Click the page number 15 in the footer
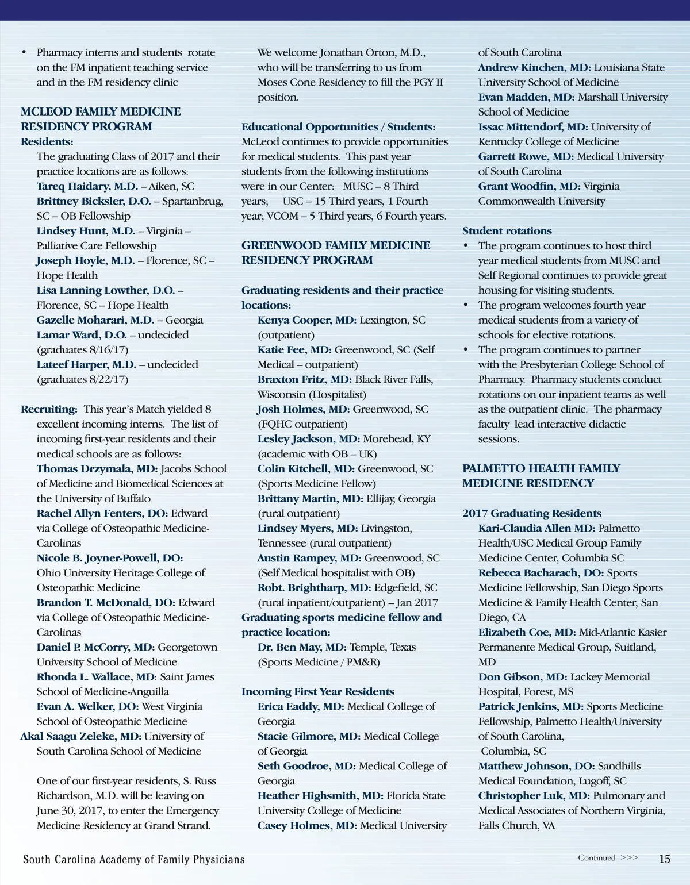click(664, 859)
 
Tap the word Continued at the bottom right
click(597, 857)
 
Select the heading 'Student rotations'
click(507, 231)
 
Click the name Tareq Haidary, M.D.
click(87, 186)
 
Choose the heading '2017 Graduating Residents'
click(532, 513)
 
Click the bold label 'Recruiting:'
click(49, 409)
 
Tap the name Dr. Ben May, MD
click(302, 647)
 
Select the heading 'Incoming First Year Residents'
click(317, 691)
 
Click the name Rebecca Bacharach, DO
click(541, 573)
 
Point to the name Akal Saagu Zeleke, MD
click(80, 736)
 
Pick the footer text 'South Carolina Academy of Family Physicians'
click(134, 859)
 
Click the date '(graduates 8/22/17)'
click(82, 379)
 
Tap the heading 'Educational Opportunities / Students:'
click(338, 127)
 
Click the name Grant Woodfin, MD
click(529, 186)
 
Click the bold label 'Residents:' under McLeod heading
click(47, 142)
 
